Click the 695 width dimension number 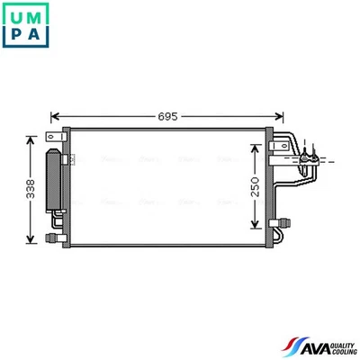(167, 116)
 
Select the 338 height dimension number (30, 189)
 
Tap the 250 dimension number (255, 186)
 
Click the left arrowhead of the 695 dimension (54, 116)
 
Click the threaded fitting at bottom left (52, 238)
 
